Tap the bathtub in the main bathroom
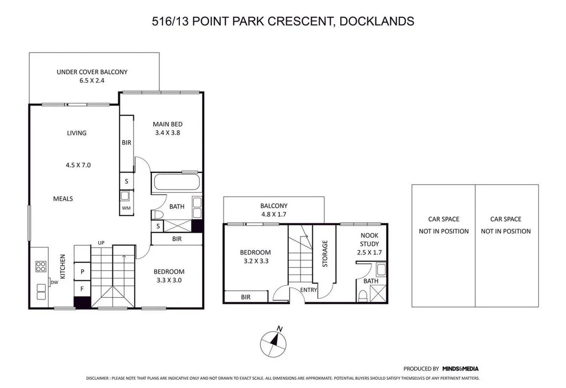point(176,183)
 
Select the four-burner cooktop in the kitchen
point(41,266)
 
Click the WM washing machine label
point(126,208)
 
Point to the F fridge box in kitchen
point(82,289)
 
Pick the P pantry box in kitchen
point(82,272)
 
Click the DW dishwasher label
point(54,282)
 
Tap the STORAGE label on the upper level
point(325,254)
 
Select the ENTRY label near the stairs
point(308,290)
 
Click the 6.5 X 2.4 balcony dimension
point(92,80)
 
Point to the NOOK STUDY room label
point(369,240)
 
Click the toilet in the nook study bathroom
point(363,296)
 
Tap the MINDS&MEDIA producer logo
point(460,369)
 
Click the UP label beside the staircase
point(101,243)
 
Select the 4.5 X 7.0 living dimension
point(78,165)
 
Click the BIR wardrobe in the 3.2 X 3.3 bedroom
point(246,297)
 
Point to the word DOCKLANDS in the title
point(377,21)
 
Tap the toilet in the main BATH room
point(157,215)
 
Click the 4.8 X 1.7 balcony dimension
point(274,214)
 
